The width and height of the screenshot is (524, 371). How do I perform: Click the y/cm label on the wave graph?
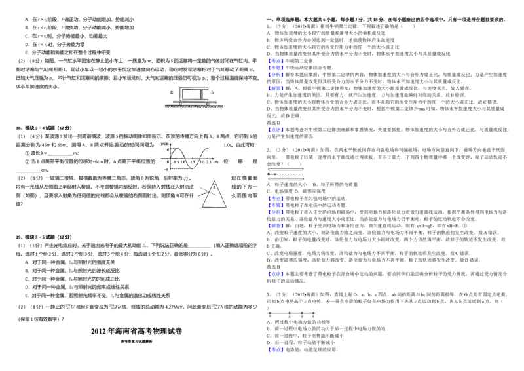[x=163, y=144]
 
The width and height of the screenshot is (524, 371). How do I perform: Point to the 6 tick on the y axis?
[x=168, y=150]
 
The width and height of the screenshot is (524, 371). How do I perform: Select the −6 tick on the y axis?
[x=166, y=169]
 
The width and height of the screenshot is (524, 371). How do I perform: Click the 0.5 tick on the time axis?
[x=176, y=161]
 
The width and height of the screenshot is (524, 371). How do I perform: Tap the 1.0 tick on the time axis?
[x=183, y=161]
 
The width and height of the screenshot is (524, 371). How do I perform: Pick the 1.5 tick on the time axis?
[x=193, y=161]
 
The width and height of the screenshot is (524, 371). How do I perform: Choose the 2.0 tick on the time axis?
[x=201, y=161]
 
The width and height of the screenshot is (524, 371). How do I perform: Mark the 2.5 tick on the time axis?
[x=209, y=161]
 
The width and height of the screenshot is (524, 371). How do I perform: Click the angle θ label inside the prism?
[x=214, y=187]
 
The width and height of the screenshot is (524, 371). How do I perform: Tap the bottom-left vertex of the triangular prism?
[x=202, y=207]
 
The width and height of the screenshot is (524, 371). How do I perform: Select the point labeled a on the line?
[x=289, y=313]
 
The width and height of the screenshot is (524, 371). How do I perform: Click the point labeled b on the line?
[x=301, y=313]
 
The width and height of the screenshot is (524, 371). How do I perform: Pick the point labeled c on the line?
[x=313, y=313]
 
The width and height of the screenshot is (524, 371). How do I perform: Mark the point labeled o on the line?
[x=269, y=313]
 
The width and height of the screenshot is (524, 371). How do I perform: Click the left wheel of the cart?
[x=180, y=103]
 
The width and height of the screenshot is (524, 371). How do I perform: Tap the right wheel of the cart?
[x=208, y=103]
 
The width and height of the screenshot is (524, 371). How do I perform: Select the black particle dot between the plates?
[x=269, y=174]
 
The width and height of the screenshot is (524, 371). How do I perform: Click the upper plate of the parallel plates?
[x=286, y=169]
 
